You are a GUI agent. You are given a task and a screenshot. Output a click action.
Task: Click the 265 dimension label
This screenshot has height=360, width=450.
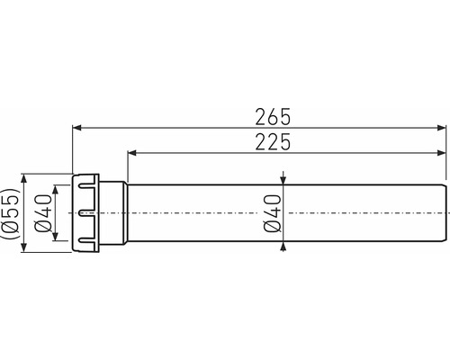tap(273, 117)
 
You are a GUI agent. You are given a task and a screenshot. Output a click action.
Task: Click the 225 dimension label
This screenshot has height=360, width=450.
tap(273, 142)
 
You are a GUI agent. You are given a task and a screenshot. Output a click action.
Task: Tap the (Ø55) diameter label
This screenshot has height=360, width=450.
tap(10, 213)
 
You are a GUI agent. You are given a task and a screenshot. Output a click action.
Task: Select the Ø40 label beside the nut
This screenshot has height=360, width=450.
tap(43, 213)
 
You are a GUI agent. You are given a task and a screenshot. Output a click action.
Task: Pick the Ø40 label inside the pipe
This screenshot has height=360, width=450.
tap(273, 213)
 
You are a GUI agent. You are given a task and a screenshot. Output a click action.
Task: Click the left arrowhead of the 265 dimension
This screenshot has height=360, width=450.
tap(76, 128)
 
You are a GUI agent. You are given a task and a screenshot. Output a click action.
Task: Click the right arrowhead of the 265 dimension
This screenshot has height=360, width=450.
tap(442, 128)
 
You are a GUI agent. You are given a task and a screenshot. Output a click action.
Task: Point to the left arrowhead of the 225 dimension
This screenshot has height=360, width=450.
tap(132, 153)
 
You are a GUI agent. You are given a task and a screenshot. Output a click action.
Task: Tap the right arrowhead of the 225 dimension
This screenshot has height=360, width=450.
tap(442, 153)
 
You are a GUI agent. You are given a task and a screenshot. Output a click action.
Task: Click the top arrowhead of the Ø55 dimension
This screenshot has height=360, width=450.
tap(24, 178)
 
